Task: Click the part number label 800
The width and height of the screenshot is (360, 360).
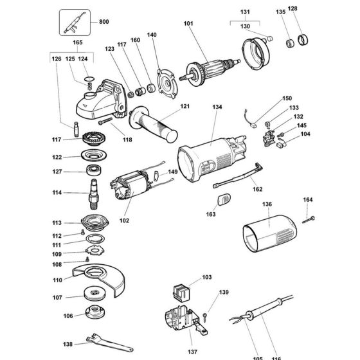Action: tap(104, 22)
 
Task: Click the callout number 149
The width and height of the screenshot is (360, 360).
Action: tap(172, 172)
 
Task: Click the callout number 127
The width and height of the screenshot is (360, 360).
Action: tap(58, 172)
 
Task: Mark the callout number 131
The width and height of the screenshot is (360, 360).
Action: tap(244, 12)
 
